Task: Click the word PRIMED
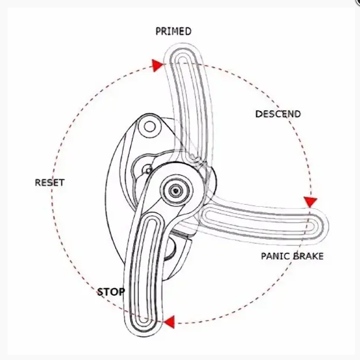pyautogui.click(x=172, y=31)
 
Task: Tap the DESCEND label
pyautogui.click(x=278, y=114)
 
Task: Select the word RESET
pyautogui.click(x=50, y=182)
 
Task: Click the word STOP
pyautogui.click(x=111, y=291)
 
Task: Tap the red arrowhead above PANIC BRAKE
pyautogui.click(x=311, y=202)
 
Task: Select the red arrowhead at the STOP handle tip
pyautogui.click(x=168, y=322)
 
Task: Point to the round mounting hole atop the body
pyautogui.click(x=149, y=126)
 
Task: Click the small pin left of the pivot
pyautogui.click(x=148, y=170)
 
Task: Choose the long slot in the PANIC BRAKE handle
pyautogui.click(x=260, y=222)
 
